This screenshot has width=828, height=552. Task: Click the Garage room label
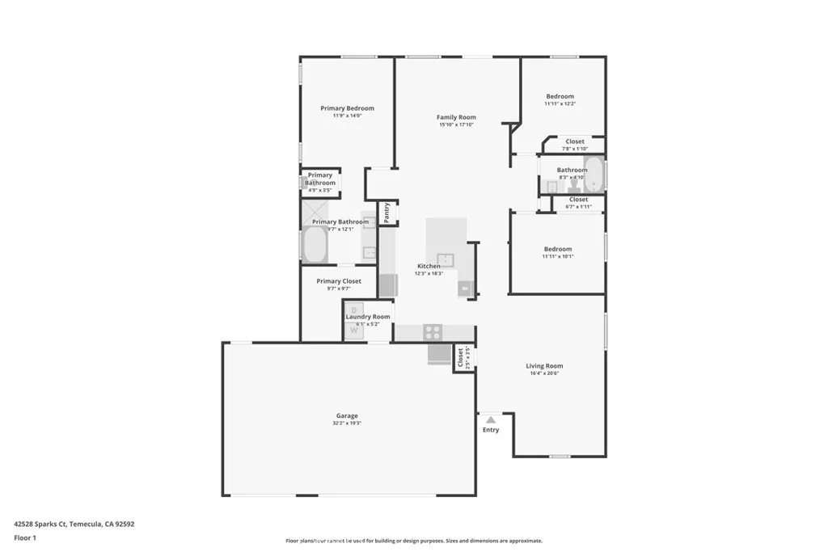[x=347, y=416]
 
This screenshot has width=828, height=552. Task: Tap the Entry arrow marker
[x=490, y=419]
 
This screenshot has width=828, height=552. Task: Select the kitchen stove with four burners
[x=433, y=331]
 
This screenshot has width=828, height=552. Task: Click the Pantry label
[x=387, y=213]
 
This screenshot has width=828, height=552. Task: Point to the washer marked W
[x=353, y=330]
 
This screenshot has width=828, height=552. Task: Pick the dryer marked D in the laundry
[x=353, y=310]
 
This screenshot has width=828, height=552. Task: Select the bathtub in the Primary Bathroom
[x=315, y=245]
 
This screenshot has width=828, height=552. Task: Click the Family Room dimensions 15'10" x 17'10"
[x=456, y=124]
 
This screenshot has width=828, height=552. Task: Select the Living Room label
[x=544, y=366]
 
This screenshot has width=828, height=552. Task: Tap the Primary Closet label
[x=339, y=281]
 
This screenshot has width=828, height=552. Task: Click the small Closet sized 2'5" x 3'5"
[x=461, y=356]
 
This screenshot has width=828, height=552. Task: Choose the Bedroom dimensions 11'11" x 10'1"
[x=557, y=257]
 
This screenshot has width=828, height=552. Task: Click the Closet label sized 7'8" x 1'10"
[x=574, y=141]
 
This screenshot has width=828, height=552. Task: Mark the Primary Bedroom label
[x=347, y=108]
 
